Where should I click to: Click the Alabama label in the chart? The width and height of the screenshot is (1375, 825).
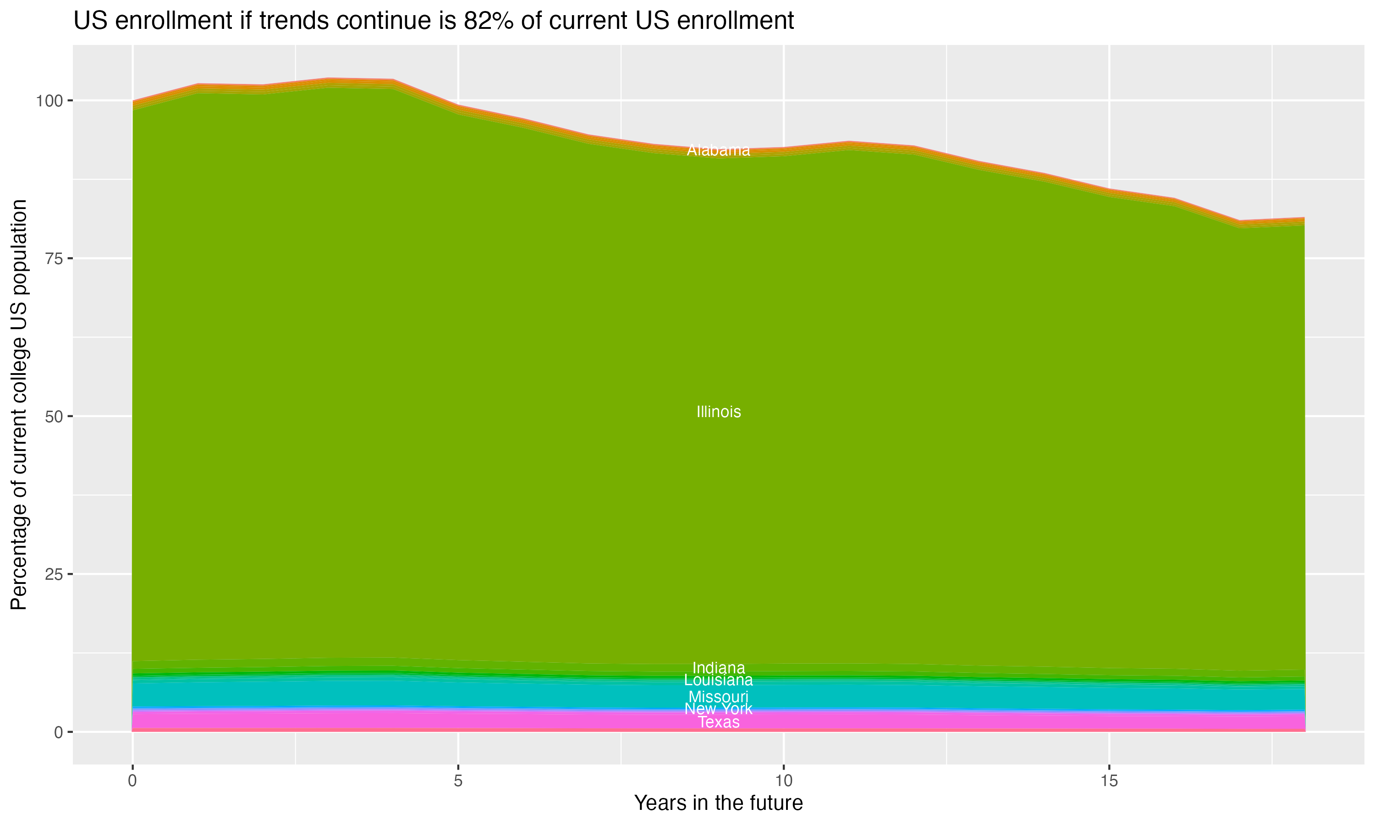tap(718, 150)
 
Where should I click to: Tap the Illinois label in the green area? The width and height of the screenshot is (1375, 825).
tap(718, 412)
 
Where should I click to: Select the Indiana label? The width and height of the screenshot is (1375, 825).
tap(718, 668)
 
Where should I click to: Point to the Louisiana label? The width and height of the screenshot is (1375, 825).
tap(718, 680)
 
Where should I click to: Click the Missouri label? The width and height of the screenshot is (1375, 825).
tap(718, 697)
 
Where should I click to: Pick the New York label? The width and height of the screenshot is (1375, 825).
tap(718, 709)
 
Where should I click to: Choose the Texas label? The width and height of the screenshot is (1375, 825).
tap(718, 722)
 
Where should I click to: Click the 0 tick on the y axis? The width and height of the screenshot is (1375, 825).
tap(58, 732)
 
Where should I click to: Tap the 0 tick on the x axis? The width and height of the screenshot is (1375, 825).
tap(132, 781)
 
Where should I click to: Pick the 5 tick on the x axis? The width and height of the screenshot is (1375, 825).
tap(458, 781)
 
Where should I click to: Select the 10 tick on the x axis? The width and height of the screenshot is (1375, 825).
tap(783, 781)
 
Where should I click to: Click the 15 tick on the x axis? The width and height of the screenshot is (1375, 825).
tap(1109, 781)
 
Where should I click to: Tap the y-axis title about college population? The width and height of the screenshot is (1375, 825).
tap(19, 404)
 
